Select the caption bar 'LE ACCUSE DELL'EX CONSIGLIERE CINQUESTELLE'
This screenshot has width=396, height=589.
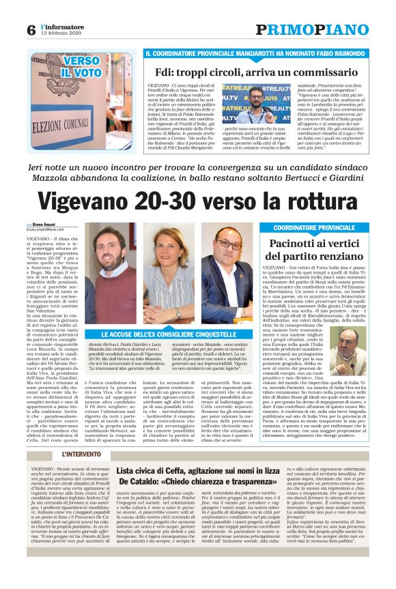coord(169,334)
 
